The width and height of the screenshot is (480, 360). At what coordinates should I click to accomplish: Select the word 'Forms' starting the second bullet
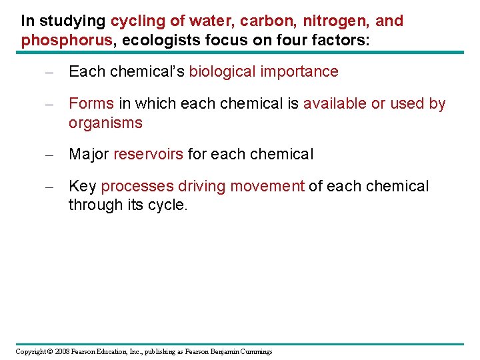point(91,104)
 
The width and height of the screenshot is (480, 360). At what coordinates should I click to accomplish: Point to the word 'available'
point(334,104)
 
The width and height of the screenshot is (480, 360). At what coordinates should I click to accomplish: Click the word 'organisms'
point(105,123)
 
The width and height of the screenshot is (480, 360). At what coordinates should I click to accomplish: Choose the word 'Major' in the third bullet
point(89,155)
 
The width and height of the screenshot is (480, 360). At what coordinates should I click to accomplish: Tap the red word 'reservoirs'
point(148,155)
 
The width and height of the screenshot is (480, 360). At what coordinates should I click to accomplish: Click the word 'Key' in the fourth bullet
point(83,187)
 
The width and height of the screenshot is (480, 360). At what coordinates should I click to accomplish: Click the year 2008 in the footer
point(63,351)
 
